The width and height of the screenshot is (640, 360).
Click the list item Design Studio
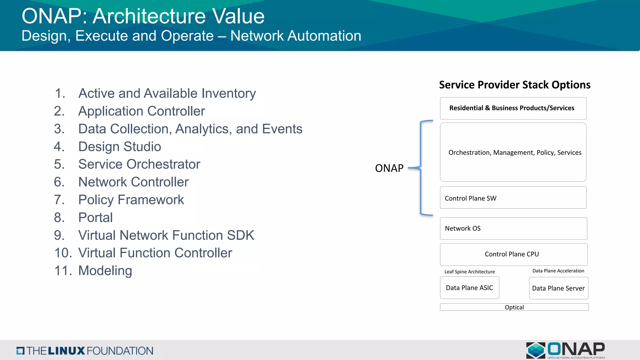coord(119,147)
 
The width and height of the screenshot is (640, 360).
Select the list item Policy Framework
coord(131,200)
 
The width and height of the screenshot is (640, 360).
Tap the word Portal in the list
coord(95,217)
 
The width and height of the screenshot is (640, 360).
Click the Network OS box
coord(513,228)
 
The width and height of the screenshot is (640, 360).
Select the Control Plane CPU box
coord(513,254)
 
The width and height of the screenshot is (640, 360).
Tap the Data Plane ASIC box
coord(469,288)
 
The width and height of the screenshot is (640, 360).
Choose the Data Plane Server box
coord(558,288)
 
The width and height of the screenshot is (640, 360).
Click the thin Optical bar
coord(514,307)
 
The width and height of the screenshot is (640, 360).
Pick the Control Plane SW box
coord(513,198)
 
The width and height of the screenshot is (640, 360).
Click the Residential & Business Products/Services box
coord(513,108)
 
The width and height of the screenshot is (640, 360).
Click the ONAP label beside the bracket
coord(389,168)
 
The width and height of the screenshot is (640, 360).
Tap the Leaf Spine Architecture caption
coord(469,272)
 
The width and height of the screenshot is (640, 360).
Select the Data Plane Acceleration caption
coord(558,271)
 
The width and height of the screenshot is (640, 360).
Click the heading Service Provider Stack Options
coord(514,85)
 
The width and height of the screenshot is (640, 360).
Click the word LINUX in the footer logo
coord(66,351)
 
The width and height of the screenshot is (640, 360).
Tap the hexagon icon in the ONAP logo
coord(536,350)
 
